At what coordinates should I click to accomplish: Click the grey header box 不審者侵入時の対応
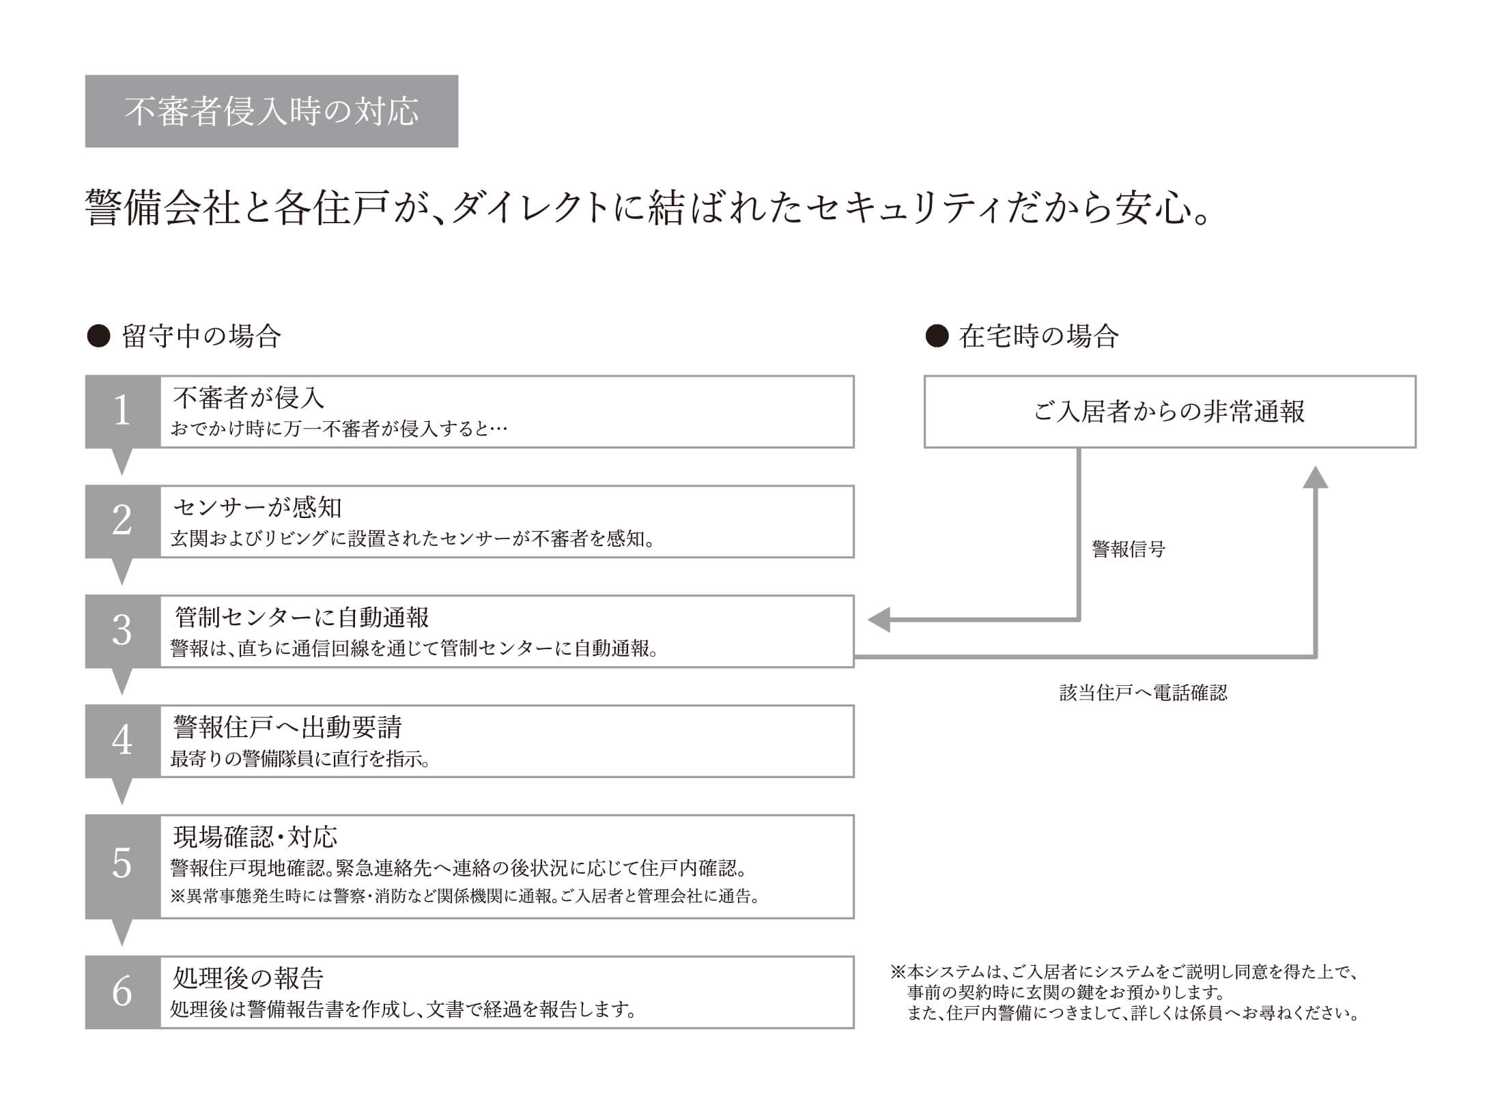271,111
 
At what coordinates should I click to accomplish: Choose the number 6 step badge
122,992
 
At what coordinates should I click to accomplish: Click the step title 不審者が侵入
249,397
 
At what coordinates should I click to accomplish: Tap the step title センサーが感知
257,507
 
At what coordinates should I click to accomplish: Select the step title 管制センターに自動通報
302,617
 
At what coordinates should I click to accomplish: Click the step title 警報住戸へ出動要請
287,727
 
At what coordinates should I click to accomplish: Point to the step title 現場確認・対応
255,837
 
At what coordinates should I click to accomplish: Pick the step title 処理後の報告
248,978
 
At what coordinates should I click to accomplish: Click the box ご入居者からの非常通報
1170,412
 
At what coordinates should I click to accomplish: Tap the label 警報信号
1129,549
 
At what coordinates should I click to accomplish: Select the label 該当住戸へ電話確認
1144,693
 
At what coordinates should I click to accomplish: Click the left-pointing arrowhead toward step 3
879,620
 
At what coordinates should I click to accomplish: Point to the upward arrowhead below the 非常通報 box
1315,477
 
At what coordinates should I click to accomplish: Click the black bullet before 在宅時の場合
937,336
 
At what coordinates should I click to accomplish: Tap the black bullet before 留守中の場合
99,336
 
